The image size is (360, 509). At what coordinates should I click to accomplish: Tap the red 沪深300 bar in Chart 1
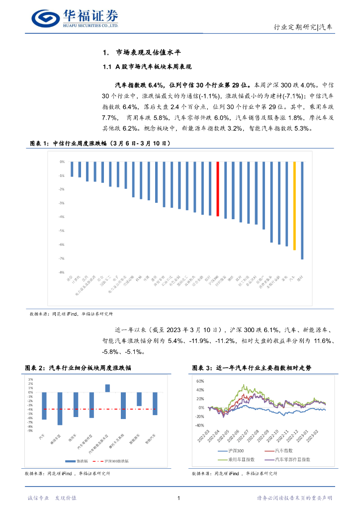pyautogui.click(x=218, y=189)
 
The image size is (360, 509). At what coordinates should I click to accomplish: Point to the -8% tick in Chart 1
pyautogui.click(x=62, y=272)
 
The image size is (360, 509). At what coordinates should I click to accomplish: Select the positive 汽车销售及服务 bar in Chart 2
pyautogui.click(x=107, y=388)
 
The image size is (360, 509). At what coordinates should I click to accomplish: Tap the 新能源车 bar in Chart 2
pyautogui.click(x=139, y=399)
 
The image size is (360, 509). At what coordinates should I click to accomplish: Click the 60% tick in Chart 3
pyautogui.click(x=200, y=381)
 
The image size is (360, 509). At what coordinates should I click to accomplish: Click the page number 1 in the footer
pyautogui.click(x=179, y=498)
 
